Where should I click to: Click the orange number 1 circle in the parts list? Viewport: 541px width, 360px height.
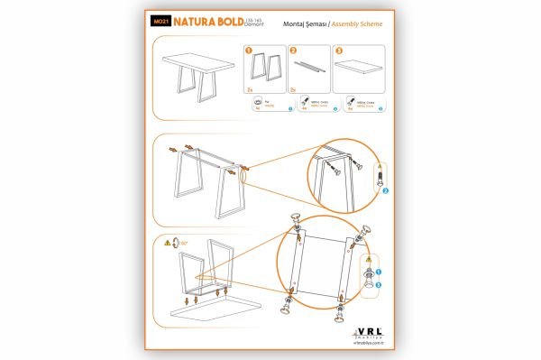pos(249,51)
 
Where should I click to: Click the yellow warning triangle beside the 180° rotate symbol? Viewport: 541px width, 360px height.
pos(169,243)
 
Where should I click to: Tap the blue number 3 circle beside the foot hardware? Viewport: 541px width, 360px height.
pos(379,285)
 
